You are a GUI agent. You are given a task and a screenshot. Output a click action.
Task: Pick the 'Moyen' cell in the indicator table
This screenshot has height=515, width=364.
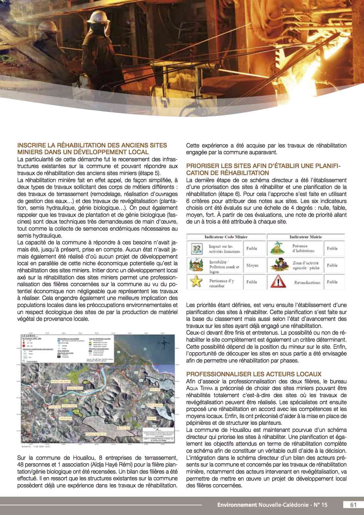252,265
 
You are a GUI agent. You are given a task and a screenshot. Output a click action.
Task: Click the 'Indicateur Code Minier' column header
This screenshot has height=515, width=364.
226,237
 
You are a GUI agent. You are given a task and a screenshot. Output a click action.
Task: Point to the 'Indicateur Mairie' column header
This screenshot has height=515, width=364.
305,237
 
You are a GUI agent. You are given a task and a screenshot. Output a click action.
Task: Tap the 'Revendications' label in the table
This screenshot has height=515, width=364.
307,282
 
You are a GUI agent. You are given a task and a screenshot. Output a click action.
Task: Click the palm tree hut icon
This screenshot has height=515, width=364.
277,248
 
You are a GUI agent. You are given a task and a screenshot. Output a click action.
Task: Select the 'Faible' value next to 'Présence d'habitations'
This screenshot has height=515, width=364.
332,248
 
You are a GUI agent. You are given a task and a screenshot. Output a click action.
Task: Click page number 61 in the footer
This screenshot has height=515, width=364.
353,505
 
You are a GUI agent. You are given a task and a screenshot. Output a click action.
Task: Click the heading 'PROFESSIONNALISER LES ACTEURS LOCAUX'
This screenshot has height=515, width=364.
254,374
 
